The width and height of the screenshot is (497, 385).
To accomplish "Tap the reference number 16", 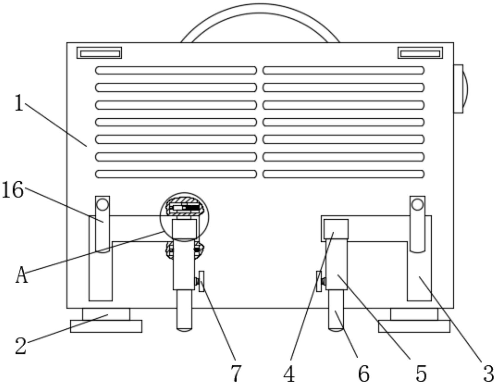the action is point(12,190).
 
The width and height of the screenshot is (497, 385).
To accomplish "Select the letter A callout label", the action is point(21,275).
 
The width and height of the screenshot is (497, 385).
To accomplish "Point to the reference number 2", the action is point(21,346).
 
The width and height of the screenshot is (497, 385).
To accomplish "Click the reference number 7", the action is point(236,373).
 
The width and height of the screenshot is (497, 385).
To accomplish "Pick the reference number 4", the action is point(289,373).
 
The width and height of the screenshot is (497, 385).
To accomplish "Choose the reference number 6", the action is point(364,373).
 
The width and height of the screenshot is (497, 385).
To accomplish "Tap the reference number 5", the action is point(421,373).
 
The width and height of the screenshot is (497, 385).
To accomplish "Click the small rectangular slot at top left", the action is point(99,53).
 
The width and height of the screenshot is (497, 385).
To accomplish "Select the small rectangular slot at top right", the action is point(420,53).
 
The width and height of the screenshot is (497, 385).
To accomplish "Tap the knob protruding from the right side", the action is point(461,89).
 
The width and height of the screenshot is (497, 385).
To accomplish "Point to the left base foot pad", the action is point(106,320).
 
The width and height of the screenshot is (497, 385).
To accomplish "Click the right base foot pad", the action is point(414,320).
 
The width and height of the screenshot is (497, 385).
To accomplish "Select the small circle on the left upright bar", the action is point(102,205).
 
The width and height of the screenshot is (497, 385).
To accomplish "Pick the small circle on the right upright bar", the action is point(417,205).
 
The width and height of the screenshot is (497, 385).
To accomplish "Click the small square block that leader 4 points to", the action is point(336,229).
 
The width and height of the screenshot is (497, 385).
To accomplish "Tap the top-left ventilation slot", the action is point(176,70).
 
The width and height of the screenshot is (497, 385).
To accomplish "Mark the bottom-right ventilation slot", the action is point(343,174).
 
